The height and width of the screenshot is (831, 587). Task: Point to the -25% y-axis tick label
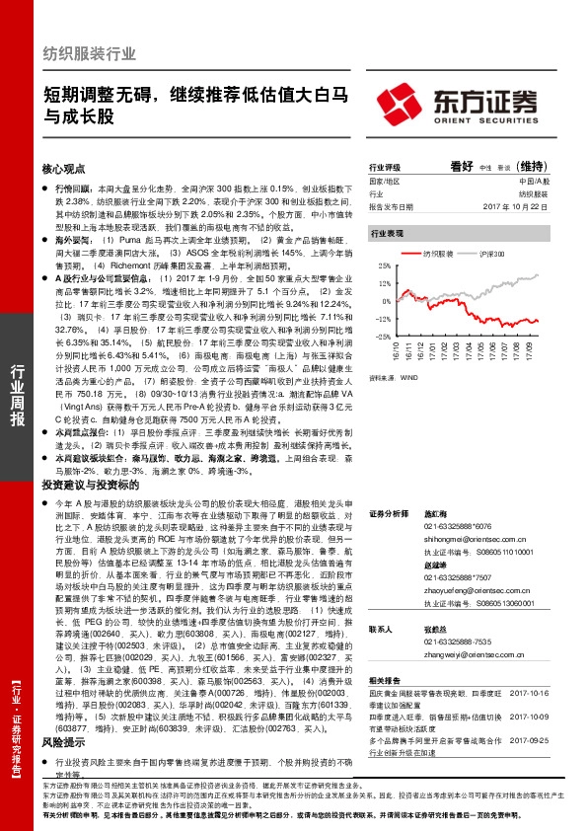[378, 336]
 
